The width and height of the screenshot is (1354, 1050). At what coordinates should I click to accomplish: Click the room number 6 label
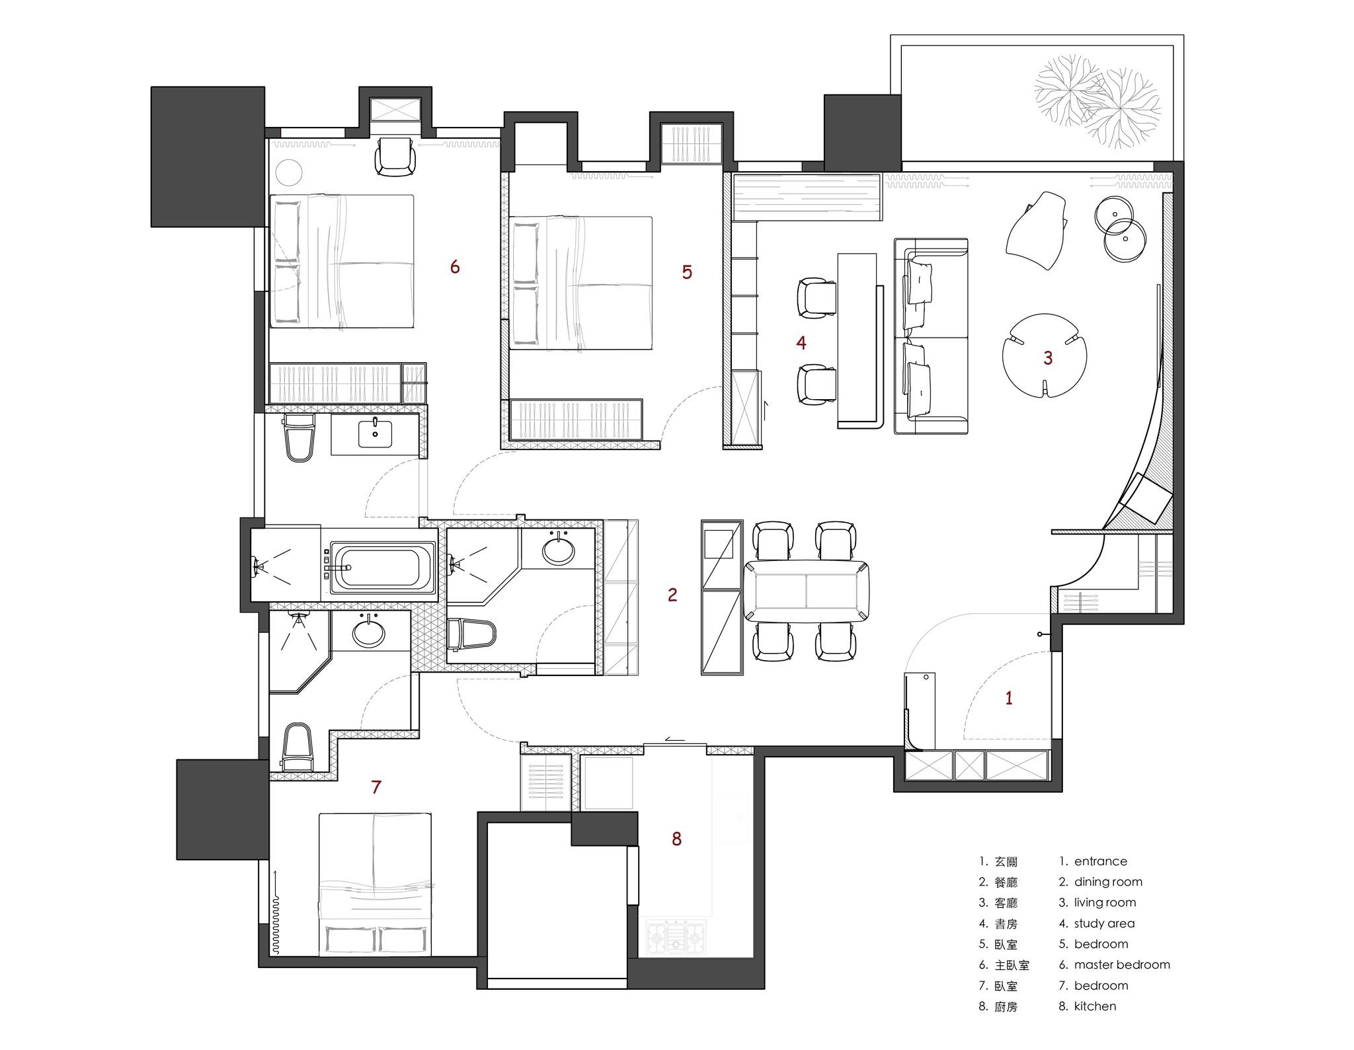(x=455, y=266)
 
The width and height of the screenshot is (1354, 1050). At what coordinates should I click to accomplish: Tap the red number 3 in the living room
(x=1048, y=357)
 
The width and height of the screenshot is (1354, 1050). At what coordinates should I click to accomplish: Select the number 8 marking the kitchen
(x=676, y=839)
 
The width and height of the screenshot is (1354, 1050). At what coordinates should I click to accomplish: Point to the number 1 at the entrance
(x=1009, y=698)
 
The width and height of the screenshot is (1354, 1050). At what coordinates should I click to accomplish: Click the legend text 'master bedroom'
(x=1122, y=965)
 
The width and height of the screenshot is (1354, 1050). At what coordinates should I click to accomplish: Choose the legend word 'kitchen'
(x=1095, y=1006)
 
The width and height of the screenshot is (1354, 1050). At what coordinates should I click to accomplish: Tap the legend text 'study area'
(x=1104, y=923)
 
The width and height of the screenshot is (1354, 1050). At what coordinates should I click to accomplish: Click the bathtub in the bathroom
(x=382, y=566)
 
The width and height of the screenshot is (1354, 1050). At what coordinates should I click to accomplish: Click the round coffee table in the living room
(x=1045, y=356)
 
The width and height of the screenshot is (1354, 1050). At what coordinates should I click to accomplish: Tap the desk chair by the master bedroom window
(x=396, y=157)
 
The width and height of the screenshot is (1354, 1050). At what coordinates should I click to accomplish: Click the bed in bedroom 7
(x=375, y=883)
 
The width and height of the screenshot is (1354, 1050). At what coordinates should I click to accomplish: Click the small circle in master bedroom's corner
(x=289, y=173)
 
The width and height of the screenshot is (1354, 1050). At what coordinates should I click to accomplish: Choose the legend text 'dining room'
(x=1108, y=881)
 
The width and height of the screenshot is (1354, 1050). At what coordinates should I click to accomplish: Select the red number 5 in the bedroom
(x=687, y=272)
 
